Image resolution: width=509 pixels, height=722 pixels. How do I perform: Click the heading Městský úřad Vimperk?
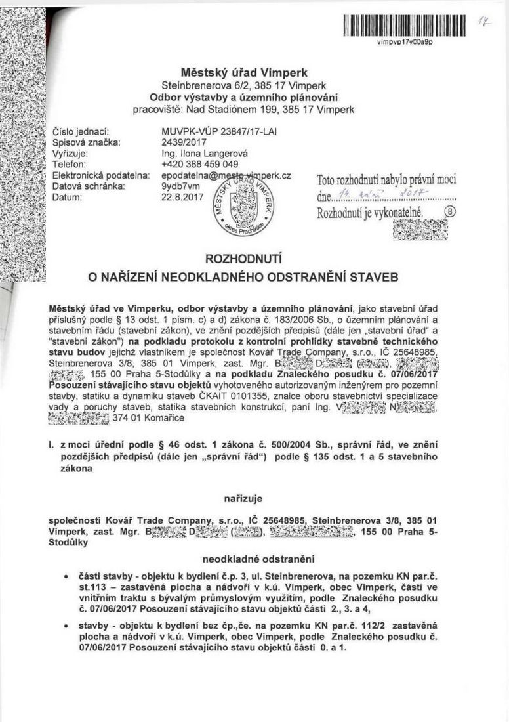[x=245, y=72]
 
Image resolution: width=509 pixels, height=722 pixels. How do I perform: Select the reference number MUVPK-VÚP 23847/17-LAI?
[x=219, y=132]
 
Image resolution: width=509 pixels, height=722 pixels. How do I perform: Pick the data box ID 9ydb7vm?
[x=180, y=186]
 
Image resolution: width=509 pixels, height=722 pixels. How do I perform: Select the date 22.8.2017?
[x=181, y=198]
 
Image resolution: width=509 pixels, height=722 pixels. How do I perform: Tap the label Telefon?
[x=70, y=163]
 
